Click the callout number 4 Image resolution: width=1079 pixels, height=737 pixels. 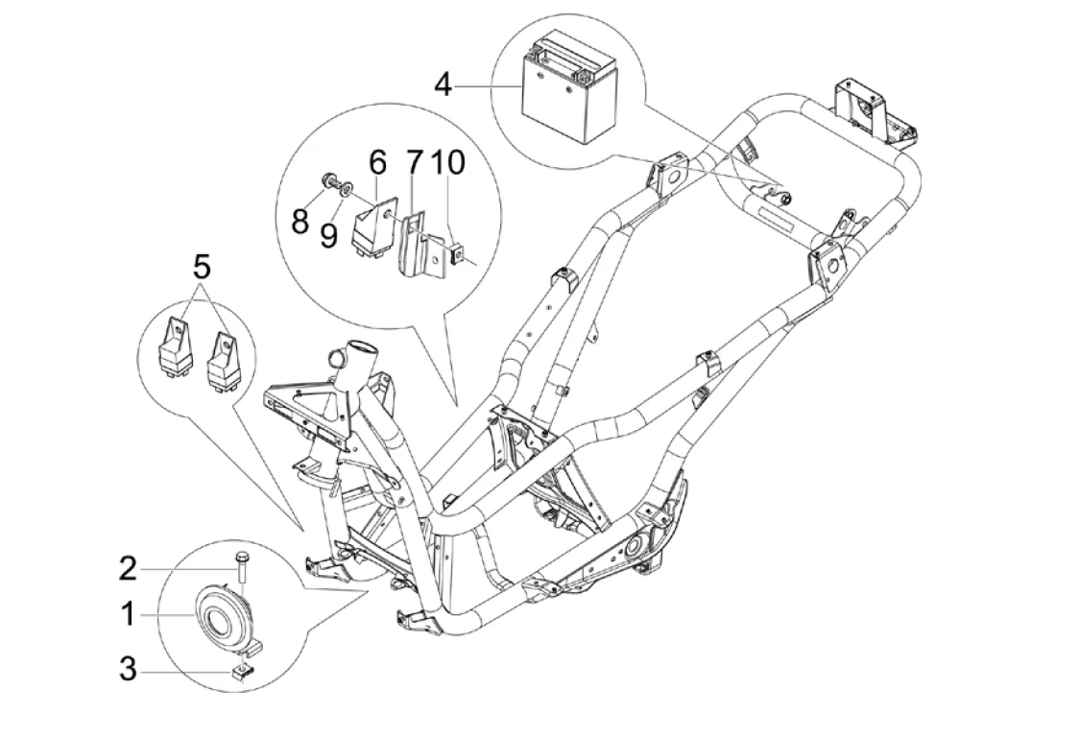(444, 85)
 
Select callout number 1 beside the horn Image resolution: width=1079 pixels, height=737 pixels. (128, 614)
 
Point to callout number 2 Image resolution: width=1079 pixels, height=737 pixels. (128, 569)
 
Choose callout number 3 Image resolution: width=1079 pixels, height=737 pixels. (128, 669)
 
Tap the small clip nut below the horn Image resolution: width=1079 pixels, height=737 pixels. (242, 671)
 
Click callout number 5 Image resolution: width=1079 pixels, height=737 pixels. (201, 268)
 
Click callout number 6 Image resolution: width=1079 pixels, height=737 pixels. (377, 162)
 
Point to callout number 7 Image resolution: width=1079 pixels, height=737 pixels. (414, 162)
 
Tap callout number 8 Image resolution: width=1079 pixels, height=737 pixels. (300, 222)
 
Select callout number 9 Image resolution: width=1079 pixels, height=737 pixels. (329, 235)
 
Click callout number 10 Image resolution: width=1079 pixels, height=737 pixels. (448, 162)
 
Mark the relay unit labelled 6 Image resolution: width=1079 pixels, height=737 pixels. (375, 226)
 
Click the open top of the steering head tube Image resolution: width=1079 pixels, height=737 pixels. (363, 346)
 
